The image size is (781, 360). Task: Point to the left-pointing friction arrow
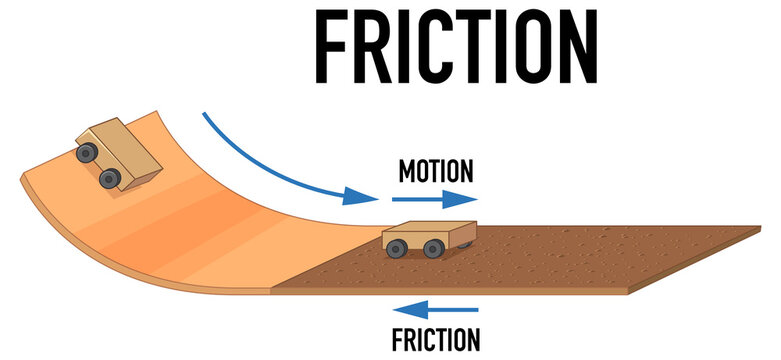(x=437, y=311)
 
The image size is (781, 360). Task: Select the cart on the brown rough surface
(x=428, y=239)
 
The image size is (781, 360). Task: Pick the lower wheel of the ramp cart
(x=110, y=178)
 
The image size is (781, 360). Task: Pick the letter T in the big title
(x=467, y=46)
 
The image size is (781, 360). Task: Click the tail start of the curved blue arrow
(x=206, y=114)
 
